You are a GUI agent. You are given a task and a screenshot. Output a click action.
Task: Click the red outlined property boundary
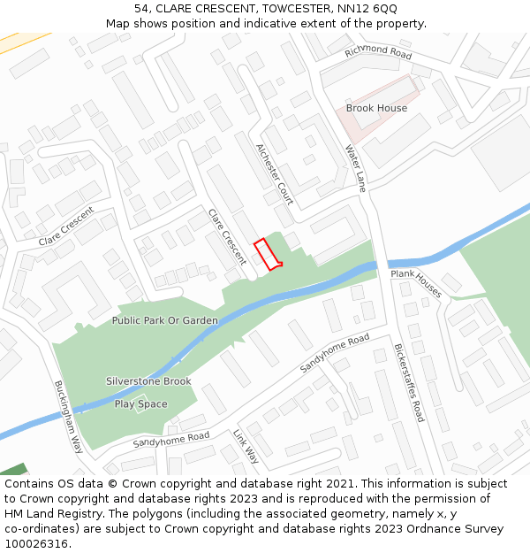pos(268,253)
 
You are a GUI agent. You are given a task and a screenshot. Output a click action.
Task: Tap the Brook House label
pos(376,108)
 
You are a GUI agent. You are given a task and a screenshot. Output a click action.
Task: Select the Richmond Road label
pos(378,51)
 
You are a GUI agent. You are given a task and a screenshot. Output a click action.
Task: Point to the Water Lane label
pos(355,168)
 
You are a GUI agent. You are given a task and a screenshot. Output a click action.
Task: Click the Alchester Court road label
pos(274,173)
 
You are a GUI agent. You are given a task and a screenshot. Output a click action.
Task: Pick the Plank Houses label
pos(416,284)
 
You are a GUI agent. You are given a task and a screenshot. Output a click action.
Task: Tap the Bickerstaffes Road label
pos(409,382)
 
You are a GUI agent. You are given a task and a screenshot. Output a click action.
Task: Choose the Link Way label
pos(246,447)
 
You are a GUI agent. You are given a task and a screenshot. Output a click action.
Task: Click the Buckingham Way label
pos(68,416)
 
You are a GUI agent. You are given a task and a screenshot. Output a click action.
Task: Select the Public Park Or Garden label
pos(164,320)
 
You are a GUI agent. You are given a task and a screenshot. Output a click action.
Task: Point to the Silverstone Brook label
pos(148,381)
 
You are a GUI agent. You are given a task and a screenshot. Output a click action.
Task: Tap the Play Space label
pos(140,404)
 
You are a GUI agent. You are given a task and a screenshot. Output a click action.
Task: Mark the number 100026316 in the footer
pos(37,544)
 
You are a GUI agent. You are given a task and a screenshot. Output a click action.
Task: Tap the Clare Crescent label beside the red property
pos(227,236)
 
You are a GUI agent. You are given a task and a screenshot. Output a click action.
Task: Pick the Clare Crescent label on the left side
pos(65,227)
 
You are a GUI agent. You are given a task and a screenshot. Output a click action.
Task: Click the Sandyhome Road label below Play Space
pos(170,438)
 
